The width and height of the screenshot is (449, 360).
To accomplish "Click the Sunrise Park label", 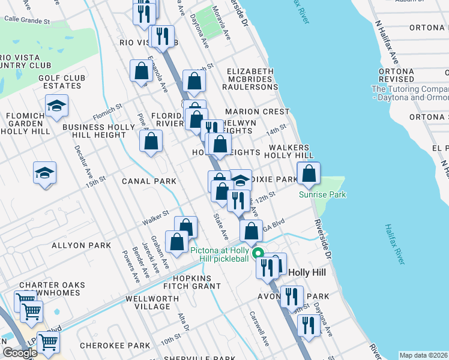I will point(323,194).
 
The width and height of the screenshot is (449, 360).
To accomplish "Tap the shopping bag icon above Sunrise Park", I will point(309,174).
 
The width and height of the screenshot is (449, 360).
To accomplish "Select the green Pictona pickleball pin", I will point(259,253).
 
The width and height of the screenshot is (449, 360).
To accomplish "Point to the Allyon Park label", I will point(81,245).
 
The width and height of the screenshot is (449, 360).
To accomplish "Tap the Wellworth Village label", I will point(148,302).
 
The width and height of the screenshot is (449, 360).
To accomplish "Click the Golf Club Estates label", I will point(59,82).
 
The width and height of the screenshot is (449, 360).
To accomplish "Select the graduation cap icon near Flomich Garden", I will point(56,106).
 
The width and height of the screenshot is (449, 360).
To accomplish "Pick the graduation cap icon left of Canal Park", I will point(45,173).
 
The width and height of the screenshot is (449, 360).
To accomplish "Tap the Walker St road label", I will point(155,216).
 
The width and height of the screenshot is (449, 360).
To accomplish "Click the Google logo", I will point(19,353).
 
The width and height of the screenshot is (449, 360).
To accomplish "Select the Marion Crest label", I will point(257,112).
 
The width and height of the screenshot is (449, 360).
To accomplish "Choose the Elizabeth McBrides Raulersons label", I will point(251,79).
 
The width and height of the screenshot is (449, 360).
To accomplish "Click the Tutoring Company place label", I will point(410,93).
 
